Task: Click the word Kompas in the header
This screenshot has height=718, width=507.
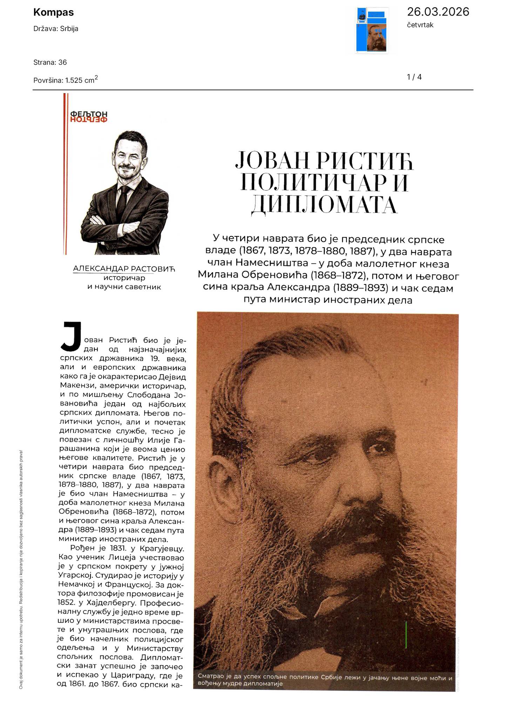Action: coord(53,12)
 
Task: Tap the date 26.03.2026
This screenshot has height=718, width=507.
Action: coord(438,12)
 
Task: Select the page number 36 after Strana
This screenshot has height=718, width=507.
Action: coord(62,62)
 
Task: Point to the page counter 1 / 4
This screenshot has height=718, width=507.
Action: coord(414,77)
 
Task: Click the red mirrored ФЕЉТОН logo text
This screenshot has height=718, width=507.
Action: coord(89,120)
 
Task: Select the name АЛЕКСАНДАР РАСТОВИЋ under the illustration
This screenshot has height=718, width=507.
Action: coord(124,269)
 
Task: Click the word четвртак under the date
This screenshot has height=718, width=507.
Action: coord(420,25)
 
